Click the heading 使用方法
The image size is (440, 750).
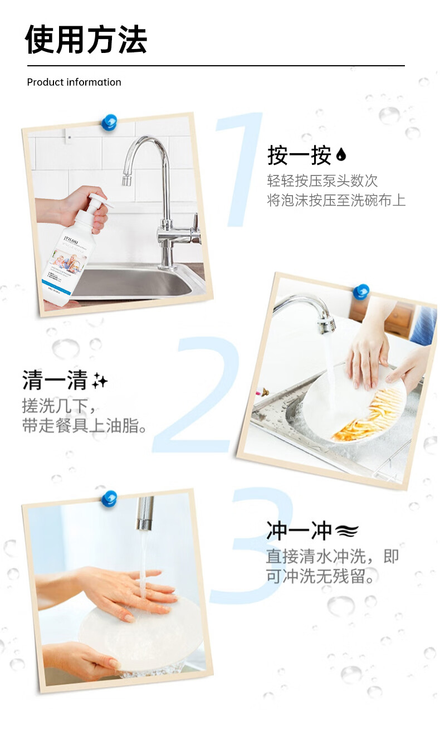tap(86, 40)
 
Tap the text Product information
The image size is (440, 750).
tap(74, 82)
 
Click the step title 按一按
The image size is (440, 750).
tap(299, 155)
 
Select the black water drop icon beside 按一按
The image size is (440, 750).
tap(341, 156)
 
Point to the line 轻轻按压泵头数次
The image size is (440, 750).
tap(322, 181)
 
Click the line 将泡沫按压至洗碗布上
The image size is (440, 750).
tap(336, 201)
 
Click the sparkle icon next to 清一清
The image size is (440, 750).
tap(100, 381)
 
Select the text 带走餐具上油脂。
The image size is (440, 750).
tap(85, 426)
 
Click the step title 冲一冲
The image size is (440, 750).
tap(299, 531)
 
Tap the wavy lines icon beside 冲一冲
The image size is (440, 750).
tap(346, 532)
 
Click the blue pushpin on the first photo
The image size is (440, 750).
tap(109, 122)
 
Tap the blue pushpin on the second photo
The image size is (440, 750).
tap(361, 291)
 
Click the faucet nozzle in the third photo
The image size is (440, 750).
tap(145, 513)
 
